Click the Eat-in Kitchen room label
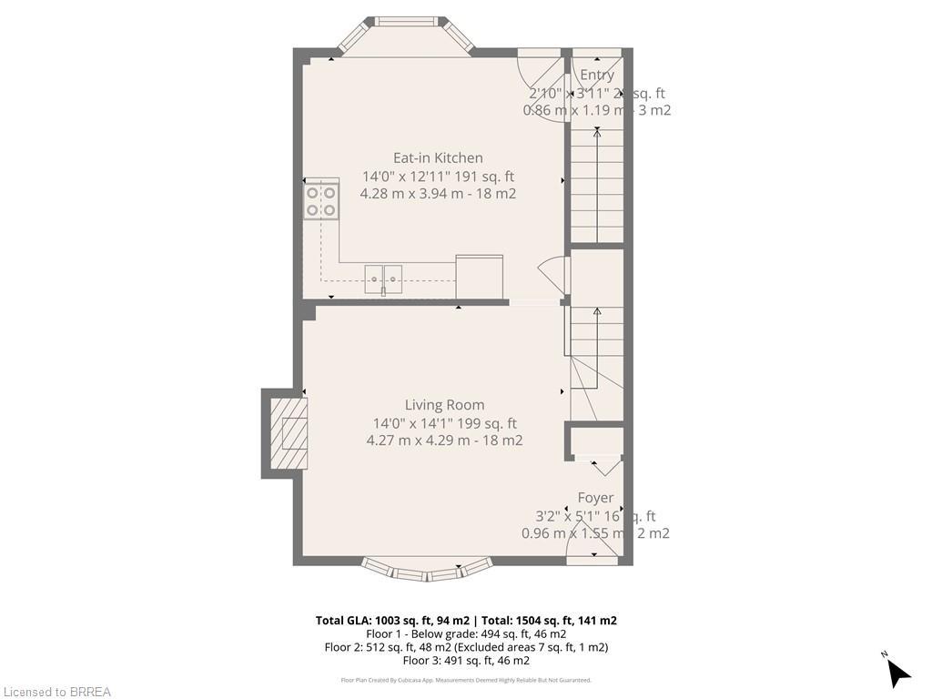438,157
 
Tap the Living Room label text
444,405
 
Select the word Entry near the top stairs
597,76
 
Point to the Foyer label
595,498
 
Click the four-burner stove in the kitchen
321,200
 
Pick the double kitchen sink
383,279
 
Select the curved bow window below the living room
427,570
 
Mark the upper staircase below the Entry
596,187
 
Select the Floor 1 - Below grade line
466,634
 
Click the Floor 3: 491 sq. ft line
466,661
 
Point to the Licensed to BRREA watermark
56,692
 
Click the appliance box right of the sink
479,276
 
